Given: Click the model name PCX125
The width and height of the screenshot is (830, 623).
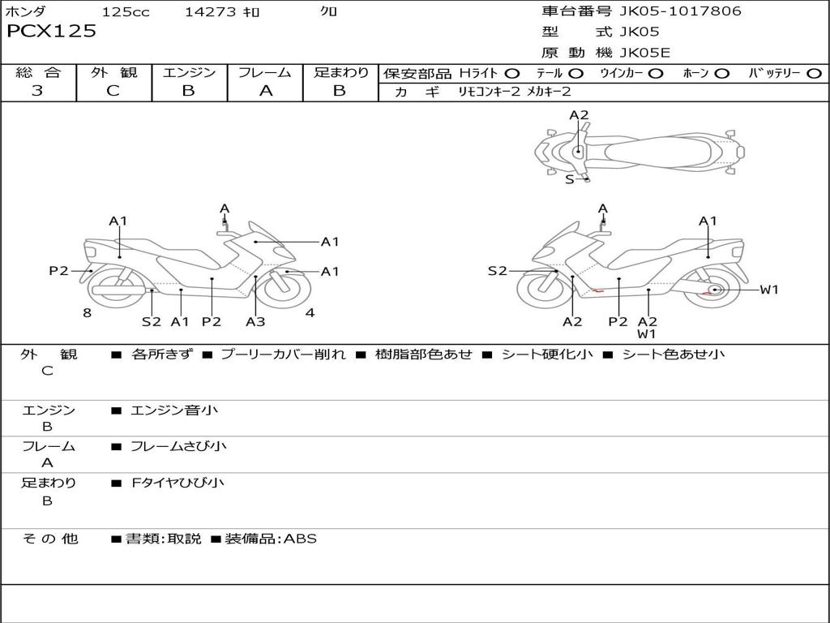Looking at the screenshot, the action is pyautogui.click(x=51, y=32).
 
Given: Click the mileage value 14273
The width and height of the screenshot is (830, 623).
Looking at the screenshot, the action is pyautogui.click(x=210, y=12).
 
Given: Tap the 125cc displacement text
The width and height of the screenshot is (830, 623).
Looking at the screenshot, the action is pyautogui.click(x=125, y=12).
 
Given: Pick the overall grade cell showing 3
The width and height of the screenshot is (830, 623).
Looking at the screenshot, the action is pyautogui.click(x=37, y=91).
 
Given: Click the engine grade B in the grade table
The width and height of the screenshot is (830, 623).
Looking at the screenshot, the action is pyautogui.click(x=189, y=91).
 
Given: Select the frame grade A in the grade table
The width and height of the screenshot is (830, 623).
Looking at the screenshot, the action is pyautogui.click(x=265, y=91).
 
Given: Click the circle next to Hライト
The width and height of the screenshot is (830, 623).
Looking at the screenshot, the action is pyautogui.click(x=512, y=74).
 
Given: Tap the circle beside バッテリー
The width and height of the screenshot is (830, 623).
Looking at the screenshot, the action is pyautogui.click(x=814, y=74).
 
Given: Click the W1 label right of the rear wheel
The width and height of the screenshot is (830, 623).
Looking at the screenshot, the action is pyautogui.click(x=768, y=290).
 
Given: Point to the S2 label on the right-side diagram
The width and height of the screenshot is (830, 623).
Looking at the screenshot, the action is pyautogui.click(x=497, y=271).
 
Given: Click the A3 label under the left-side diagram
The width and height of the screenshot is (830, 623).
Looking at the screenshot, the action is pyautogui.click(x=255, y=322).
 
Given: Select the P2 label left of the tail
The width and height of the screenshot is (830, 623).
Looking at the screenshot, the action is pyautogui.click(x=58, y=271).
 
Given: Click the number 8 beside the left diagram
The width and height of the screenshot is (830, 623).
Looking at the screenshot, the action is pyautogui.click(x=87, y=313).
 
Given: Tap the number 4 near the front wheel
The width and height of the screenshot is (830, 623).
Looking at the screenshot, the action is pyautogui.click(x=310, y=313).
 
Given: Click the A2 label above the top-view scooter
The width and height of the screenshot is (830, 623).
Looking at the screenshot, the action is pyautogui.click(x=579, y=115).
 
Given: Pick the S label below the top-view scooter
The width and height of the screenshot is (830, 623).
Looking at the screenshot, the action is pyautogui.click(x=569, y=179).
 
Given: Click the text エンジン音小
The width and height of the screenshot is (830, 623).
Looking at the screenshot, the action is pyautogui.click(x=174, y=410).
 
